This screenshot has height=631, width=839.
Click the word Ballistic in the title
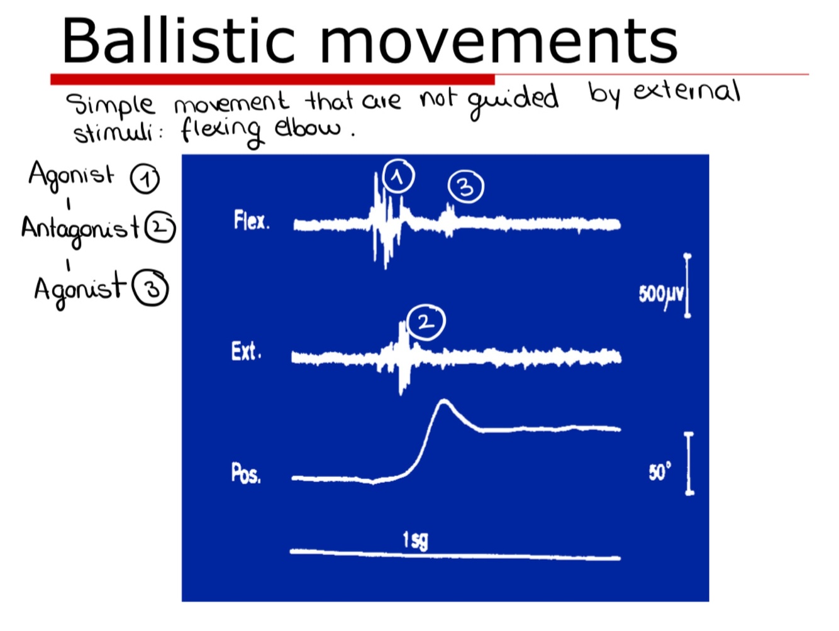(178, 41)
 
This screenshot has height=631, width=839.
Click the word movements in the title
(499, 41)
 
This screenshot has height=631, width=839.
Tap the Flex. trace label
(252, 221)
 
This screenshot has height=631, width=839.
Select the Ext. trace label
(246, 351)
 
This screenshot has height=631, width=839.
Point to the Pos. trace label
(246, 473)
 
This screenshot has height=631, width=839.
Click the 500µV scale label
(660, 294)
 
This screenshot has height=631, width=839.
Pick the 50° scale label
(660, 471)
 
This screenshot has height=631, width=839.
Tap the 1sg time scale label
(415, 540)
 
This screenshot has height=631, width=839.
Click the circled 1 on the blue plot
(398, 177)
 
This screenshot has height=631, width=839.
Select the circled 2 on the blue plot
(426, 322)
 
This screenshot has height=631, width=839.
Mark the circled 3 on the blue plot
(465, 187)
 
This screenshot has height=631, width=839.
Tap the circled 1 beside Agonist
(145, 179)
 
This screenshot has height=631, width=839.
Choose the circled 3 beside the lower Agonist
(151, 288)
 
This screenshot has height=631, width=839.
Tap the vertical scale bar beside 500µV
(687, 286)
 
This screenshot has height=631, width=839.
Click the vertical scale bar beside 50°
(689, 464)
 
